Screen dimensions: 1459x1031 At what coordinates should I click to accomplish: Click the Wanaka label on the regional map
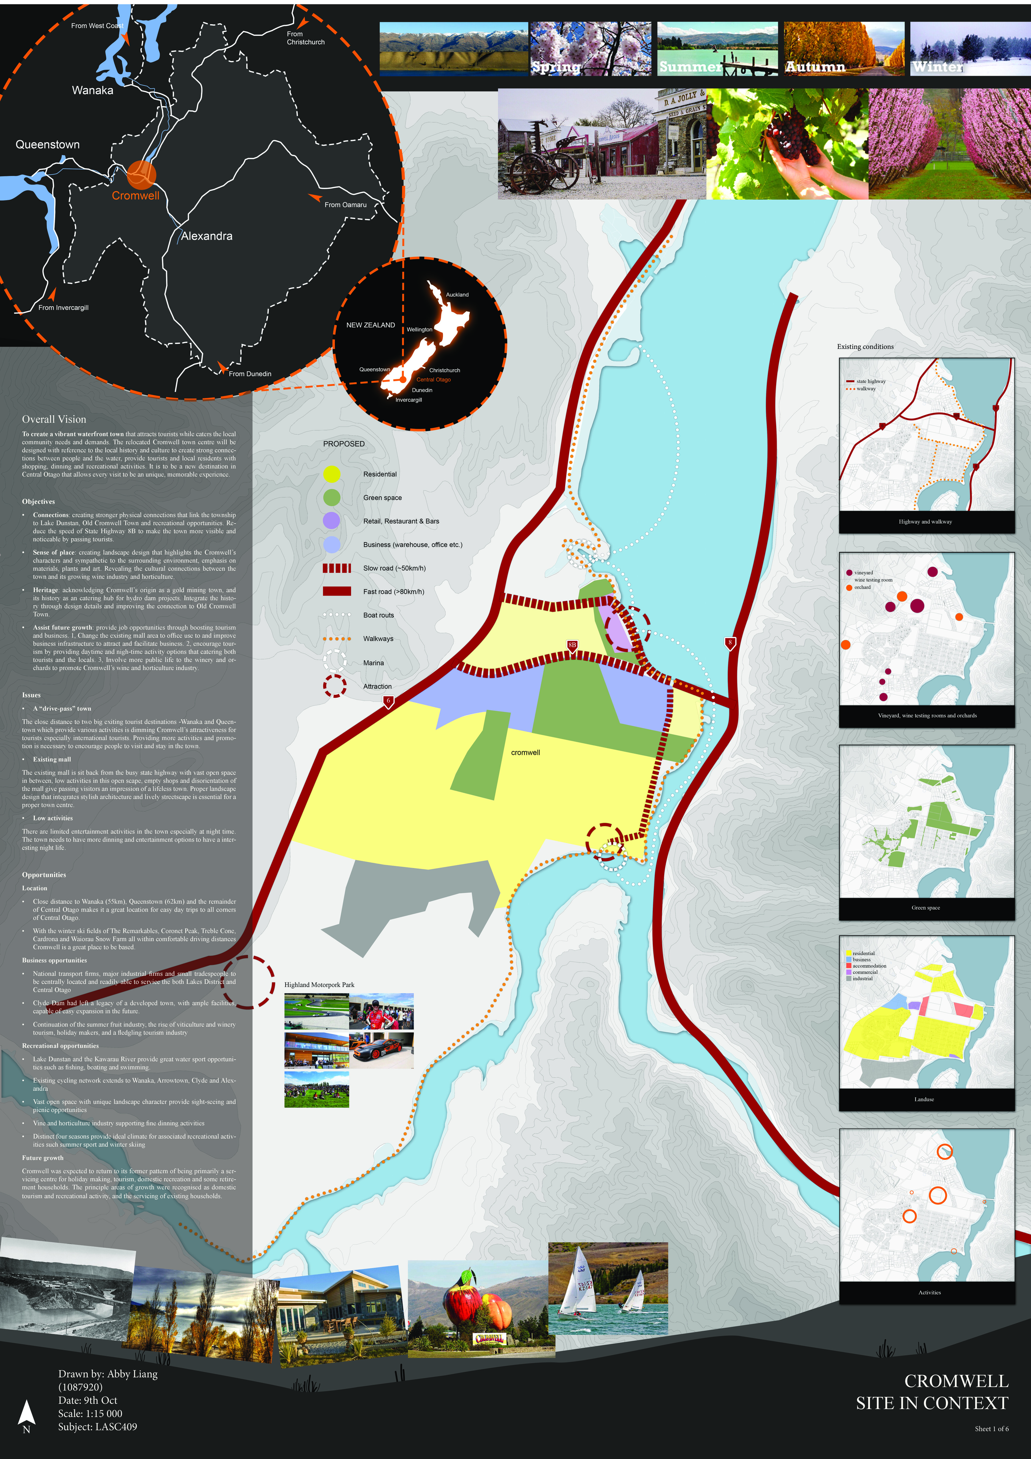click(x=93, y=90)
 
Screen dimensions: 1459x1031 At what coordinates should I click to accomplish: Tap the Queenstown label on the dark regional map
click(x=48, y=145)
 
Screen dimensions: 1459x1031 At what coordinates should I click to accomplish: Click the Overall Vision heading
click(x=54, y=419)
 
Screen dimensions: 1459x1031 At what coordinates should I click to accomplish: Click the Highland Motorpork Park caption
click(x=319, y=985)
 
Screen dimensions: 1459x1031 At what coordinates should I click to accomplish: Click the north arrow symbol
click(x=26, y=1413)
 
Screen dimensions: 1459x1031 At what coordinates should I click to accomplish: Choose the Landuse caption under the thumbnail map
click(x=924, y=1099)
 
